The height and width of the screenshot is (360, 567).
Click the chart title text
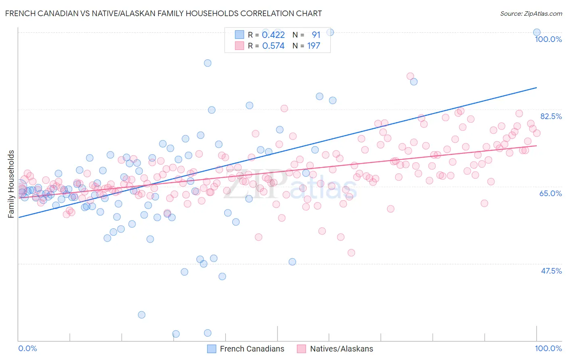(x=163, y=13)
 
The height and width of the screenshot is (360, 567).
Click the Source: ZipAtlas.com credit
(x=531, y=13)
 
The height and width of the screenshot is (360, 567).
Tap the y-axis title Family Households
(x=11, y=184)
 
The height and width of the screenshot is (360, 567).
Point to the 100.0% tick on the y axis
(x=548, y=39)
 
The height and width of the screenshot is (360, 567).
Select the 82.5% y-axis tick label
(x=550, y=116)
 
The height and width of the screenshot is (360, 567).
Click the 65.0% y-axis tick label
(x=550, y=193)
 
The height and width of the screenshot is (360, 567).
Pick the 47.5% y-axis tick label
(x=551, y=271)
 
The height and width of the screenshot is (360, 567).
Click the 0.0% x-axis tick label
(x=27, y=349)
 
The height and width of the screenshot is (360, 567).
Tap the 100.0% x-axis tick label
(x=548, y=349)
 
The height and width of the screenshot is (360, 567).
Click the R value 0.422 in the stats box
(x=273, y=35)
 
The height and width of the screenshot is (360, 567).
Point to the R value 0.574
(x=273, y=46)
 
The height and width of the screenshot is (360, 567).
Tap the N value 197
(x=314, y=46)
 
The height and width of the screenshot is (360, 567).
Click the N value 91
(x=316, y=35)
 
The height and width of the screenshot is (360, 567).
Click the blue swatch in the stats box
(x=240, y=35)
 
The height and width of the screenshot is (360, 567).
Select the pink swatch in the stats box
(x=240, y=46)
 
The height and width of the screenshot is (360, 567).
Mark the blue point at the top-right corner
(x=537, y=32)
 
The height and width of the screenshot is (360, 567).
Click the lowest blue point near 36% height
(x=142, y=315)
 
